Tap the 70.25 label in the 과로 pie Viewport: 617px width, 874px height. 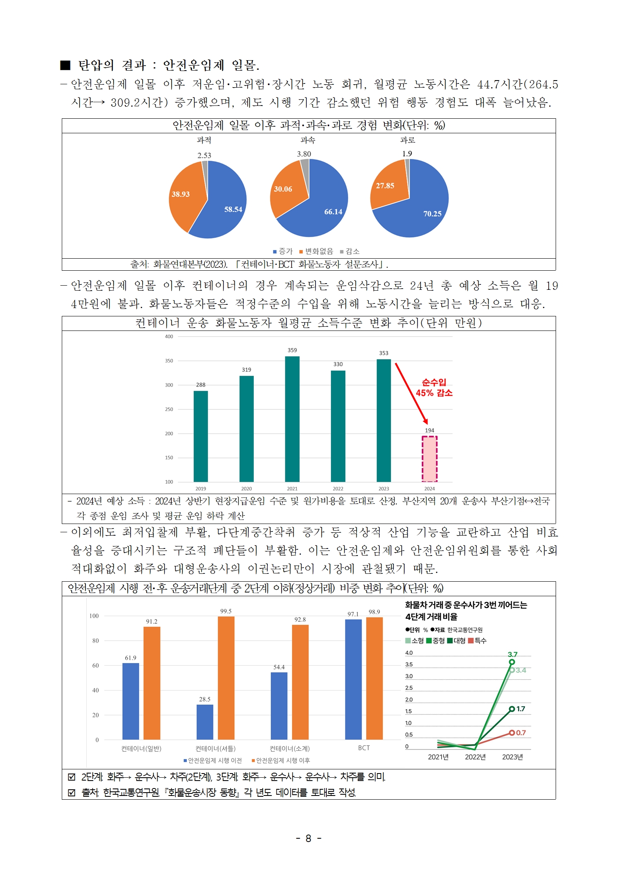tap(432, 214)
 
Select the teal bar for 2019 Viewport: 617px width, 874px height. tap(201, 436)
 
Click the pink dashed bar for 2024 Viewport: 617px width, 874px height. tap(429, 458)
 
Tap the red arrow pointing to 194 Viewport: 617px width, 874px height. tap(411, 393)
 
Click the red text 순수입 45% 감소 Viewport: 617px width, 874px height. tap(434, 387)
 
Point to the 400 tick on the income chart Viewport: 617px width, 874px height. tap(169, 337)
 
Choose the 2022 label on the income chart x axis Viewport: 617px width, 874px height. tap(338, 489)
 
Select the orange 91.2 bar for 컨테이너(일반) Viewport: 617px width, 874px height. tap(152, 683)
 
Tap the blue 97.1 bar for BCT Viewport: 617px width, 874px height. tap(353, 679)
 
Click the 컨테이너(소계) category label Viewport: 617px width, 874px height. tap(289, 748)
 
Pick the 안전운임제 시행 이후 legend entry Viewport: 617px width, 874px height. tap(281, 760)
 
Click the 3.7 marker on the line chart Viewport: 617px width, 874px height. tap(512, 662)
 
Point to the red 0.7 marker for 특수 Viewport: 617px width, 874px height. tap(512, 733)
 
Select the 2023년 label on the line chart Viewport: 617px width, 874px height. tap(512, 757)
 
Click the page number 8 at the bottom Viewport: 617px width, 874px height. tap(308, 838)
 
